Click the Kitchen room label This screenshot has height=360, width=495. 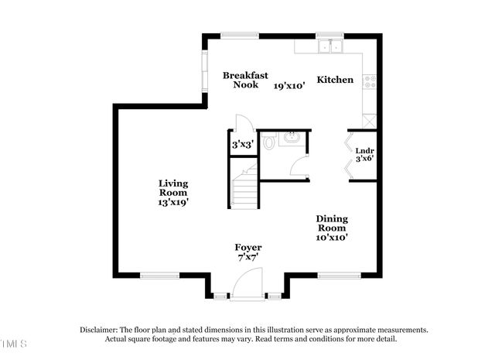point(335,80)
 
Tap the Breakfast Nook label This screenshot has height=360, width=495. point(246,80)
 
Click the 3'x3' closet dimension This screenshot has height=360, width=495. point(241,144)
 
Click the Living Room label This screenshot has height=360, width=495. point(173,188)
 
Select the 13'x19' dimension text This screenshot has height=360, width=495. point(173,201)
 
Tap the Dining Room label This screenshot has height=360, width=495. point(332,224)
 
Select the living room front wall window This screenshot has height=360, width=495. point(160,275)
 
